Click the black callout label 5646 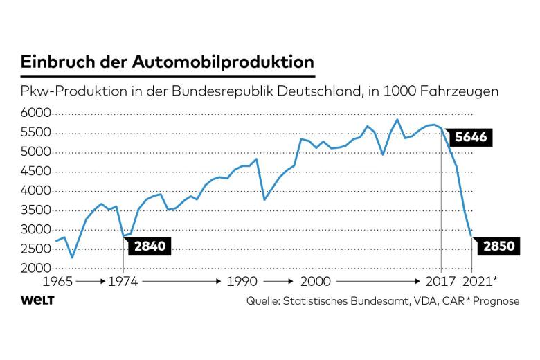[471, 137]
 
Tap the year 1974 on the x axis [123, 282]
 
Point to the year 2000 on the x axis [315, 282]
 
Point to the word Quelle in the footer [265, 301]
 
